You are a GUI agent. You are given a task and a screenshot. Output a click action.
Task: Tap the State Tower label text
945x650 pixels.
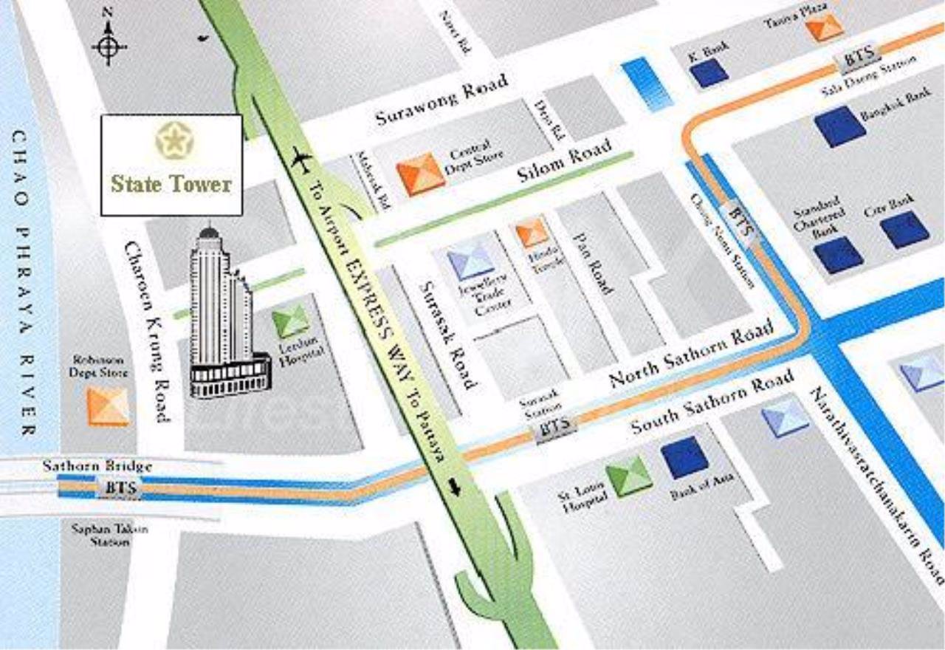(171, 184)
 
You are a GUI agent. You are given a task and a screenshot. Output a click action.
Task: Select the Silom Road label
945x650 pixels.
(565, 162)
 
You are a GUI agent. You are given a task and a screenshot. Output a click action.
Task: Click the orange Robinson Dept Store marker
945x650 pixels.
(109, 406)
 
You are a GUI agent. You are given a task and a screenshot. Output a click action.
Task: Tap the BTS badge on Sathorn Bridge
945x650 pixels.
(118, 487)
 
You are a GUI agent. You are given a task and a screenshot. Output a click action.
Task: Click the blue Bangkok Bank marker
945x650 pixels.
(841, 126)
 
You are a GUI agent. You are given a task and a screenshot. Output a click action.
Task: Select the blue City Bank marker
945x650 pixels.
(904, 230)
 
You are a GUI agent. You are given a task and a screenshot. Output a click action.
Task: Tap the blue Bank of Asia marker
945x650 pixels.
(685, 458)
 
